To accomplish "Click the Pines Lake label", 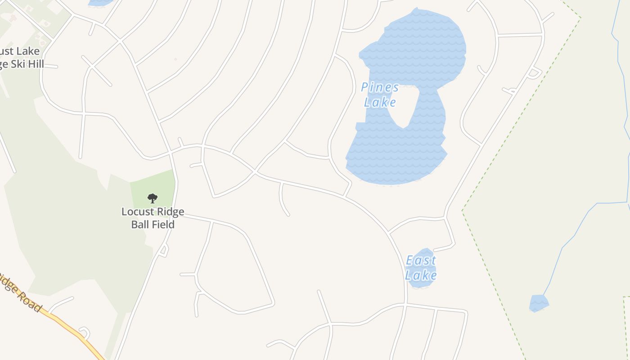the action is pos(380,94).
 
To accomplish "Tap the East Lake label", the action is pos(421,268).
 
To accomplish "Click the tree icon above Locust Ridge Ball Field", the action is pos(153,198).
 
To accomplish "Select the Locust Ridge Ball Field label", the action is pos(153,218).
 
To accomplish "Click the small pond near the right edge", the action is pos(539,303).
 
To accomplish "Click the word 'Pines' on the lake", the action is pos(380,87).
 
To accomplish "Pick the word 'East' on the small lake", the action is pos(421,261).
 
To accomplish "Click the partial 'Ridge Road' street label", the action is pos(20,292).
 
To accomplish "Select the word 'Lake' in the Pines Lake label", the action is pos(380,103).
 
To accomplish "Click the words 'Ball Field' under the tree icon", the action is pos(153,224).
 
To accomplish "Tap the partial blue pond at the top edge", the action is pos(100,2).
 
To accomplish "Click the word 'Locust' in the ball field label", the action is pos(137,212).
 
